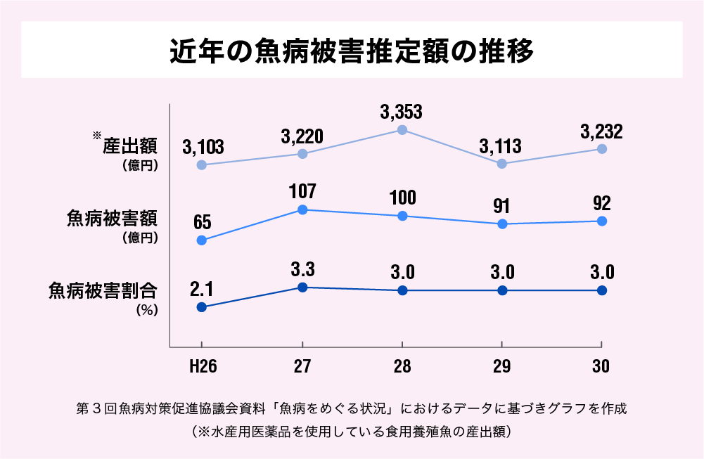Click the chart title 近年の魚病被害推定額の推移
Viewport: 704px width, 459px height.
point(352,51)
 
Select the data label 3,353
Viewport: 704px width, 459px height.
point(402,112)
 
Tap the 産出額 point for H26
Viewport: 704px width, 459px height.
point(202,164)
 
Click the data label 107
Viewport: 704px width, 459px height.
point(302,191)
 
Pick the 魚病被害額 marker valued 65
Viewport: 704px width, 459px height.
point(202,240)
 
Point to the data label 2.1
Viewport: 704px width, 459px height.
point(202,289)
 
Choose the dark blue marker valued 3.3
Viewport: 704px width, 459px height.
point(302,287)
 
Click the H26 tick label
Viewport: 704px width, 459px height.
point(202,367)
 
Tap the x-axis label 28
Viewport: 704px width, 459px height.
point(402,367)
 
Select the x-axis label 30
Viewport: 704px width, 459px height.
point(601,367)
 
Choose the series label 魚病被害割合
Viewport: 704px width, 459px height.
point(103,290)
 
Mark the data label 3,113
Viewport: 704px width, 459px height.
point(501,146)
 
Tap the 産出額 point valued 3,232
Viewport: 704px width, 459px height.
point(602,149)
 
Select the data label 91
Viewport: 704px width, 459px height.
point(501,207)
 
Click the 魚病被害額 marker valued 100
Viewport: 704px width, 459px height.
point(402,216)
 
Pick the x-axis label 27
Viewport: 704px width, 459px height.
point(302,367)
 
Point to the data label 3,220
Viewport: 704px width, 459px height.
point(302,136)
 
